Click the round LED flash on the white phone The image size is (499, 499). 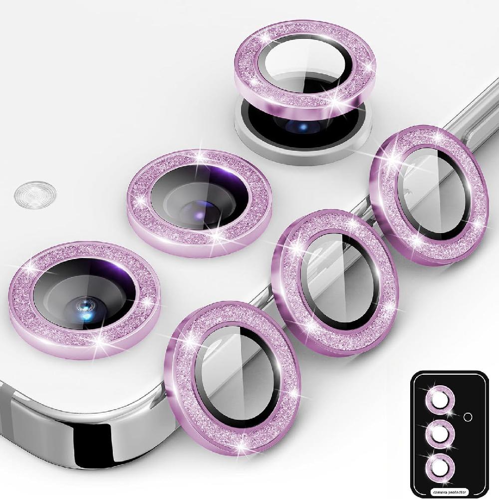point(35,195)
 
